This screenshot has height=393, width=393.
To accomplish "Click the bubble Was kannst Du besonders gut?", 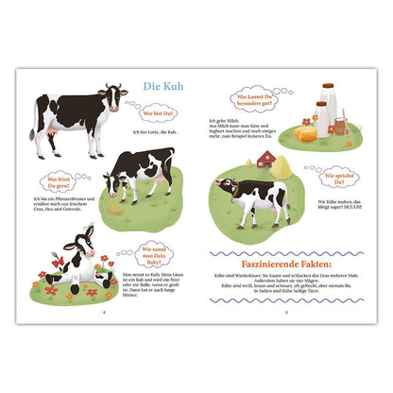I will coord(255,97).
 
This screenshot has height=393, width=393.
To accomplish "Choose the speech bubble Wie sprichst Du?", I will coord(337,176).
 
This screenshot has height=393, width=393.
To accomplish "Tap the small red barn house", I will coord(266,158).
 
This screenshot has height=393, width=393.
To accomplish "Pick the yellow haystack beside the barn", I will coord(283,166).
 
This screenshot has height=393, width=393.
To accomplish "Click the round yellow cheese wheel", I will coord(305,133).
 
